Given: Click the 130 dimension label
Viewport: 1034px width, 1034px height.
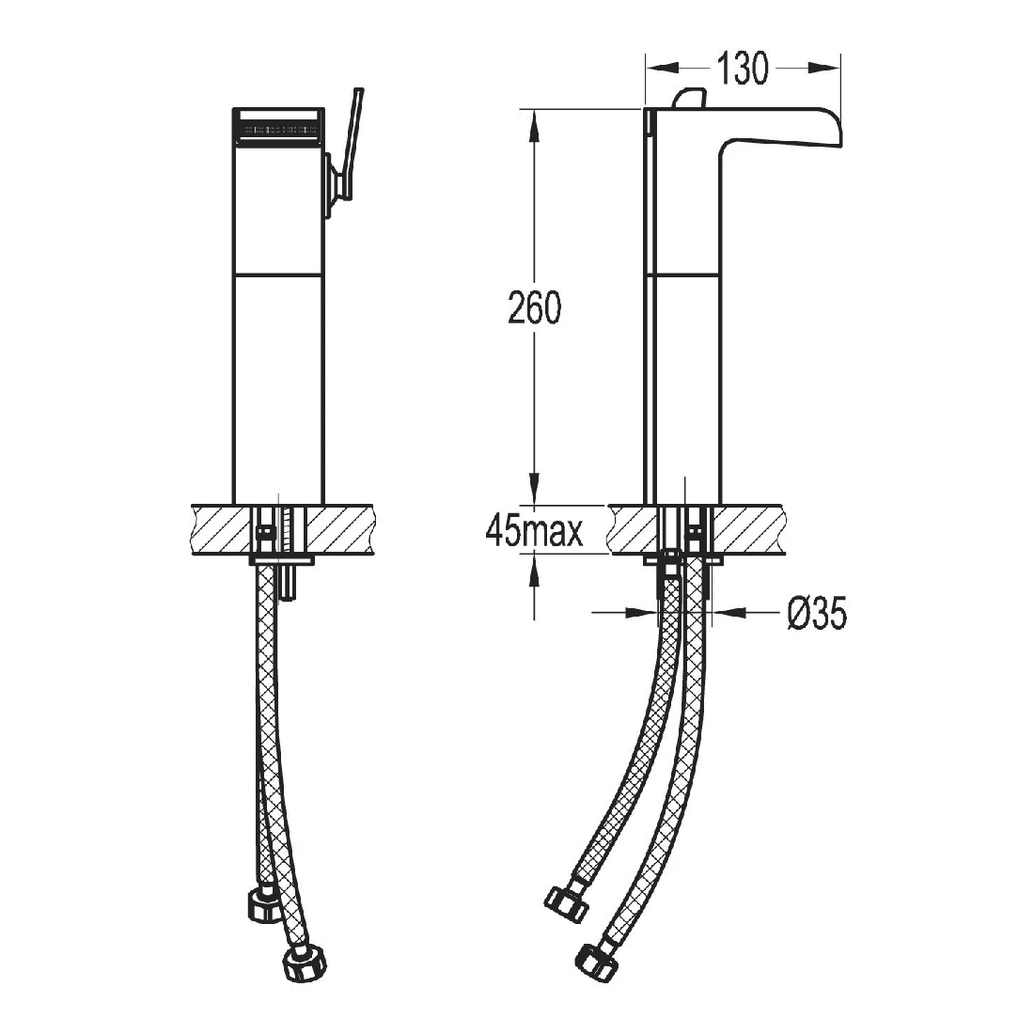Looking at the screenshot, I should (x=743, y=69).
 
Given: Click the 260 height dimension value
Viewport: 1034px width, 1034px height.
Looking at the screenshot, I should (x=534, y=309).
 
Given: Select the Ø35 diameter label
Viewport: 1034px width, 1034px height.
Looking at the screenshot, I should (x=816, y=615).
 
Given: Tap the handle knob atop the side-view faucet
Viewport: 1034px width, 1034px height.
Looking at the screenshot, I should (x=691, y=99).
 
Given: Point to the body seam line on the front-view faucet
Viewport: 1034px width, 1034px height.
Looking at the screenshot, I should (x=277, y=274).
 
